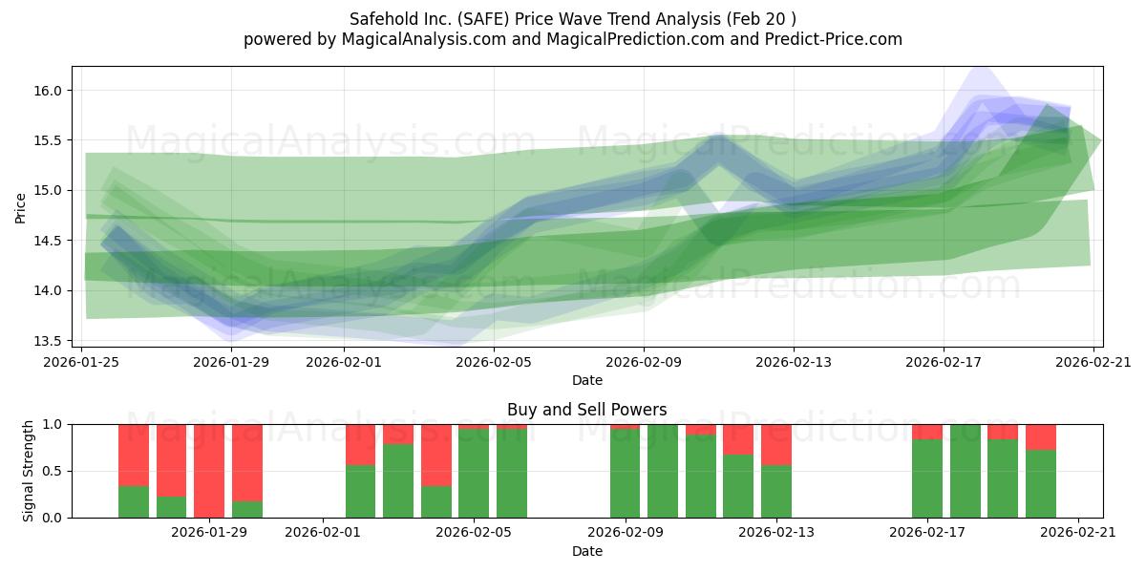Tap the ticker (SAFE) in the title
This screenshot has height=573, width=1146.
click(x=484, y=19)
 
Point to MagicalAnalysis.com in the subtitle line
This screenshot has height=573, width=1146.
click(x=424, y=39)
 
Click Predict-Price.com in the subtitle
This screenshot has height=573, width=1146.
click(x=833, y=39)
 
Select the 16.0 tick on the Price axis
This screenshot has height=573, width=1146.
click(x=47, y=91)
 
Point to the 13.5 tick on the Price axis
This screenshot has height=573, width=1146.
click(x=47, y=341)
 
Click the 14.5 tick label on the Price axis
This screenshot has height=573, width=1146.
click(x=47, y=241)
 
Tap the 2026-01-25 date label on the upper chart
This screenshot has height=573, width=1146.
click(x=81, y=362)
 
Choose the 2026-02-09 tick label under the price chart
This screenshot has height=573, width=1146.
click(x=644, y=362)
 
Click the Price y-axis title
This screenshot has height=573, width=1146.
click(x=20, y=208)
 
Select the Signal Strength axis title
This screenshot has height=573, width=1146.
click(x=28, y=471)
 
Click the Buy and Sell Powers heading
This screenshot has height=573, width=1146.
click(x=586, y=410)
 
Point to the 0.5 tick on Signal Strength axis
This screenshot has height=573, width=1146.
click(x=53, y=471)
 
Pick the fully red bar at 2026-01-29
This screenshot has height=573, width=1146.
click(x=209, y=471)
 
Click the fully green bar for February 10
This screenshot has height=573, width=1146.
click(x=663, y=471)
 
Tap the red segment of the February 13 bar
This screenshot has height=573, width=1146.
click(x=776, y=445)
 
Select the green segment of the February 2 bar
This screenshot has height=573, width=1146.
click(x=360, y=491)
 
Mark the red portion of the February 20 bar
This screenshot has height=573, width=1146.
click(x=1041, y=437)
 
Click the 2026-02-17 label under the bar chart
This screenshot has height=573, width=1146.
click(x=927, y=533)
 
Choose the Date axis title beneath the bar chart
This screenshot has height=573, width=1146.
click(x=586, y=552)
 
